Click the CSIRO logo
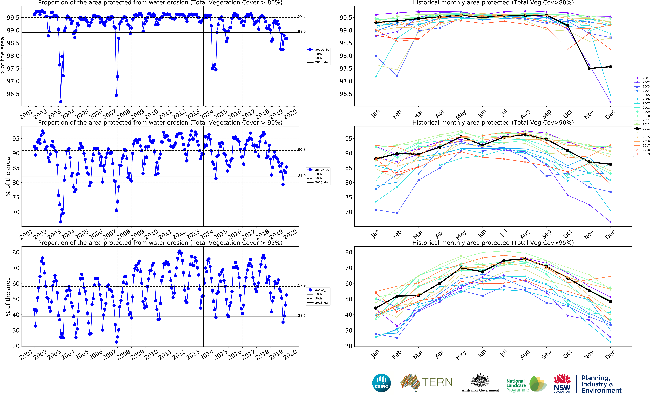tap(381, 383)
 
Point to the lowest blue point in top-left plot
tap(61, 102)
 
